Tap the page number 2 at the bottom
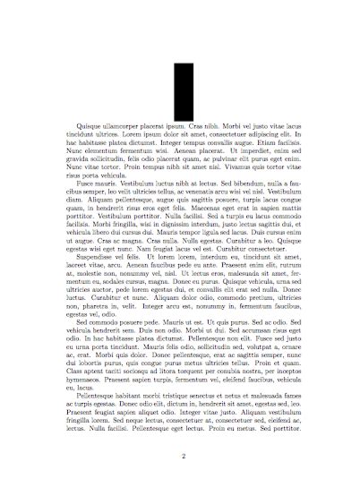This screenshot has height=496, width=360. [181, 457]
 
